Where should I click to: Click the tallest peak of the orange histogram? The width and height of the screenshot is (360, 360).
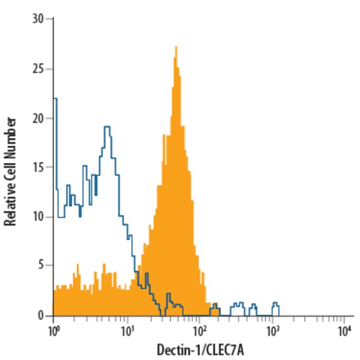[x=176, y=48]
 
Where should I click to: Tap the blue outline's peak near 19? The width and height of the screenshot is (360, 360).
[x=107, y=127]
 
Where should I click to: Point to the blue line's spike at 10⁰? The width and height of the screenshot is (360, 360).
[x=55, y=99]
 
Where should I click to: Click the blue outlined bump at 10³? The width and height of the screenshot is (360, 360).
[x=275, y=304]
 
